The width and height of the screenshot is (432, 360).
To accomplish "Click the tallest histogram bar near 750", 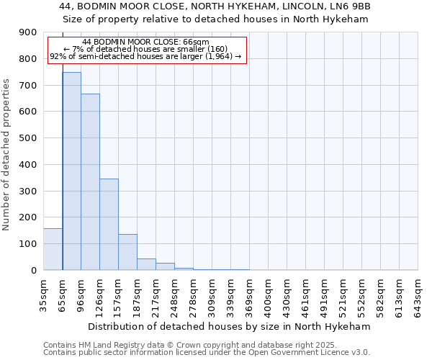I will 71,171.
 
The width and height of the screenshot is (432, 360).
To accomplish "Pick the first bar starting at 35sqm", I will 53,249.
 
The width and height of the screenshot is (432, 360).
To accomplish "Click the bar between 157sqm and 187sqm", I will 127,252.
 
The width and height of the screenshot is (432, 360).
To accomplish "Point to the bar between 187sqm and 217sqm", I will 146,264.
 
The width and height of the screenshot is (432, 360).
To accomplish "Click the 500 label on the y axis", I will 28,138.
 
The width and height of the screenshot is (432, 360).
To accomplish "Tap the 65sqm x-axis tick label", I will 63,293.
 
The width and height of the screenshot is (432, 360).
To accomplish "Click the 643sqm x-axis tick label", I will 418,295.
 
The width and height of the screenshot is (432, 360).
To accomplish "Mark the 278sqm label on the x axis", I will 194,295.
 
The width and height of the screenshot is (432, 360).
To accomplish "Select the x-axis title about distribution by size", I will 230,326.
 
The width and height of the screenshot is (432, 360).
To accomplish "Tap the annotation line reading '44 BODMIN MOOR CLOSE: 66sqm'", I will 146,42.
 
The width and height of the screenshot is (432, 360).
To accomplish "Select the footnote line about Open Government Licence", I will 207,353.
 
